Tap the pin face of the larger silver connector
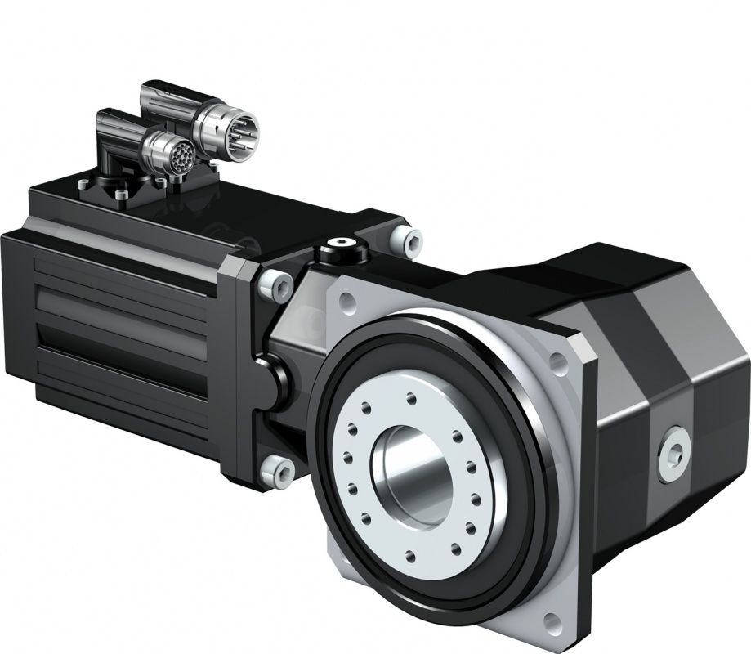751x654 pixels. click(x=242, y=128)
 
